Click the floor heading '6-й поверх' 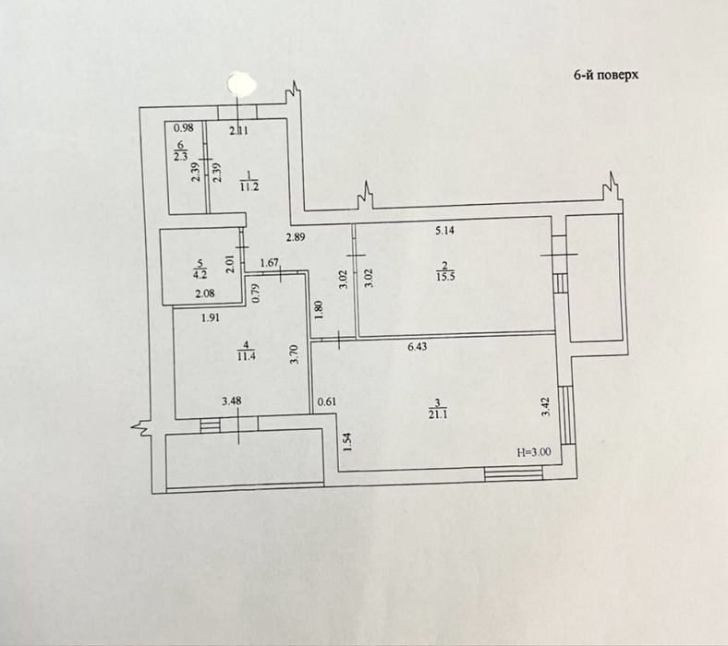click(x=606, y=75)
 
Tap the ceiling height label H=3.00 click(x=534, y=452)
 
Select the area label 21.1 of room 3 click(x=438, y=414)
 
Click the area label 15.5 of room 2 click(x=445, y=276)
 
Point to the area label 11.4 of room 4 click(x=246, y=356)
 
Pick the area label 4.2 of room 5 click(x=200, y=274)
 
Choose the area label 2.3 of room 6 click(x=180, y=157)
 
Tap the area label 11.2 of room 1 click(x=249, y=187)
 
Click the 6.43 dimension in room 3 click(x=417, y=346)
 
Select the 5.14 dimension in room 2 click(x=444, y=231)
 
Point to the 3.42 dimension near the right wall click(x=546, y=407)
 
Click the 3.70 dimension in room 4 click(x=294, y=353)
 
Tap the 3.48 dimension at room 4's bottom click(x=232, y=401)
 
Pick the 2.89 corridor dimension click(x=296, y=237)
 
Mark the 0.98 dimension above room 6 click(x=185, y=127)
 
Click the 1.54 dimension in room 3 click(x=349, y=442)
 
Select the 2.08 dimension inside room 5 click(x=205, y=293)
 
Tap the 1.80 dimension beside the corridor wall click(x=318, y=310)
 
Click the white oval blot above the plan click(x=241, y=84)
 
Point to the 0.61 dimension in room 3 click(x=327, y=402)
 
